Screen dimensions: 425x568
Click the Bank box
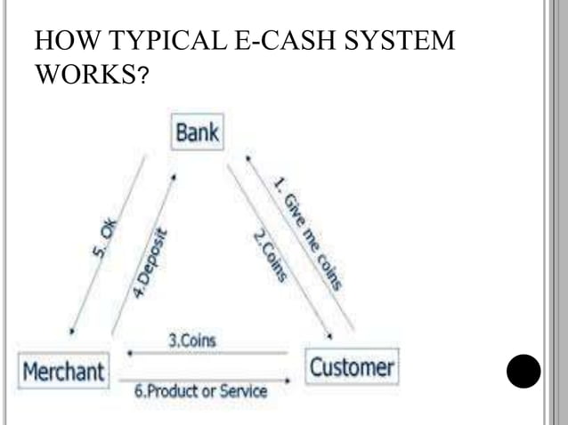point(197,134)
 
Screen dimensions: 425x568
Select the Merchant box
point(63,370)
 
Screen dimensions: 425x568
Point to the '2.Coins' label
point(269,256)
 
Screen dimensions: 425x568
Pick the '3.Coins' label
point(191,340)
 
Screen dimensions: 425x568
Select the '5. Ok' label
point(105,241)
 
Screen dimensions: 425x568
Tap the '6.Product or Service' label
point(200,390)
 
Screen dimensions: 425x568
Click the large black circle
point(523,372)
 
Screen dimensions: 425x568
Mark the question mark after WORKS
point(143,78)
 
